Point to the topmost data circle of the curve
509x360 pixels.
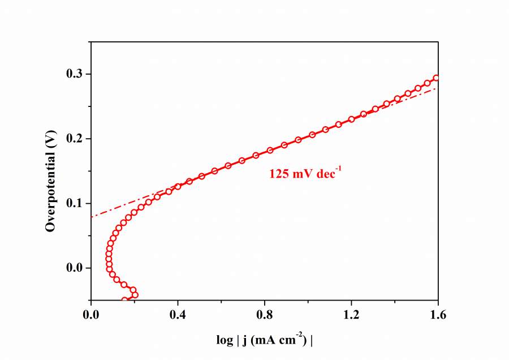(436, 78)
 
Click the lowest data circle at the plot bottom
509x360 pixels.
(124, 300)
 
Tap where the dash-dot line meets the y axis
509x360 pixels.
(91, 216)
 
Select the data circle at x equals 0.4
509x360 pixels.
(178, 186)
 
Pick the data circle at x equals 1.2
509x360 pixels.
(351, 119)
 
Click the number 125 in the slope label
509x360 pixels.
(279, 174)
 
